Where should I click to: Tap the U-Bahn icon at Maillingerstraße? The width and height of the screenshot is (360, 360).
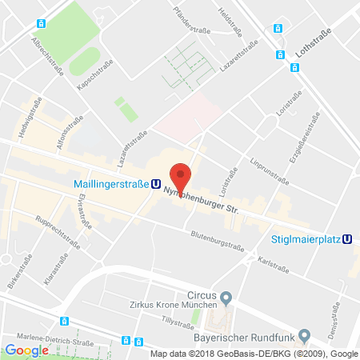pyautogui.click(x=155, y=183)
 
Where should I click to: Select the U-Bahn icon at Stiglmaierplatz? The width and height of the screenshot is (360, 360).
pyautogui.click(x=348, y=238)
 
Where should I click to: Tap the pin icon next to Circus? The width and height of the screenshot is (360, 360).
pyautogui.click(x=226, y=298)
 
